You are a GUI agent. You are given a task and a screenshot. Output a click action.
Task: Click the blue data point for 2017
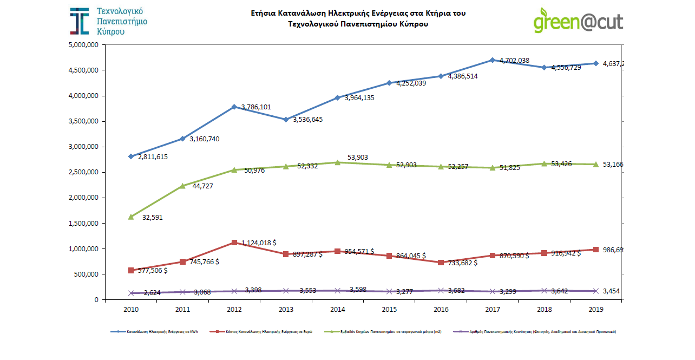[x=492, y=60]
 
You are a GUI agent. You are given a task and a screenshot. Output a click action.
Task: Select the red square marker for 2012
[x=234, y=243]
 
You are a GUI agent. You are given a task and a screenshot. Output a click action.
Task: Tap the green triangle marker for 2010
[x=131, y=217]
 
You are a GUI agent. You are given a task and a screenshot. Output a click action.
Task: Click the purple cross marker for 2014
[x=337, y=291]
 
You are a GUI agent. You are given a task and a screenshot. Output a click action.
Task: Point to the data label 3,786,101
[x=257, y=107]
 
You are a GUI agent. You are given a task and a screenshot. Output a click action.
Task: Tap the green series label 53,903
[x=358, y=157]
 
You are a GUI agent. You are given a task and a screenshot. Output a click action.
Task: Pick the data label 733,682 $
[x=463, y=263]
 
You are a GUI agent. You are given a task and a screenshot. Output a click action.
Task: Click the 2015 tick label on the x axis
[x=389, y=310]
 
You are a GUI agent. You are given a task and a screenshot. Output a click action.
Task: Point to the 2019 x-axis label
[x=595, y=310]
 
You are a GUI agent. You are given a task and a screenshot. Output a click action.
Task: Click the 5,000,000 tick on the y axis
[x=83, y=45]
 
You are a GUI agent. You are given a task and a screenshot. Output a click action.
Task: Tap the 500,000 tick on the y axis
[x=86, y=274]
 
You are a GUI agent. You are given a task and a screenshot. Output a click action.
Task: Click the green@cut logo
[x=578, y=21]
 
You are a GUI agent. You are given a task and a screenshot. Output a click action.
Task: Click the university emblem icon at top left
[x=80, y=21]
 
